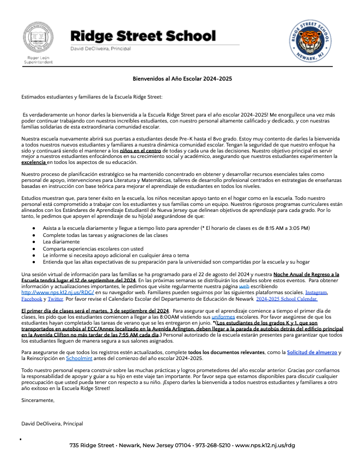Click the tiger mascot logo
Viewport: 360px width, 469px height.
pyautogui.click(x=308, y=40)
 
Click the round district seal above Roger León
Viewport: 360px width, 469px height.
pyautogui.click(x=38, y=38)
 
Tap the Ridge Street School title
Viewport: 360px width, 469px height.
pyautogui.click(x=143, y=36)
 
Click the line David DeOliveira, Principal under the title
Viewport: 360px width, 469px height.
pyautogui.click(x=101, y=48)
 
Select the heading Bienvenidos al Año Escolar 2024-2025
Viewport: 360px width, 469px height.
pyautogui.click(x=182, y=79)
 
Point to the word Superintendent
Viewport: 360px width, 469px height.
pyautogui.click(x=38, y=62)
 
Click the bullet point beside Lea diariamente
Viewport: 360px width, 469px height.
pyautogui.click(x=34, y=241)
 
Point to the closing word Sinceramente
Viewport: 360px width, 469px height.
pyautogui.click(x=38, y=400)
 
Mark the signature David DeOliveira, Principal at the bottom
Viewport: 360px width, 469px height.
pyautogui.click(x=52, y=423)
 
